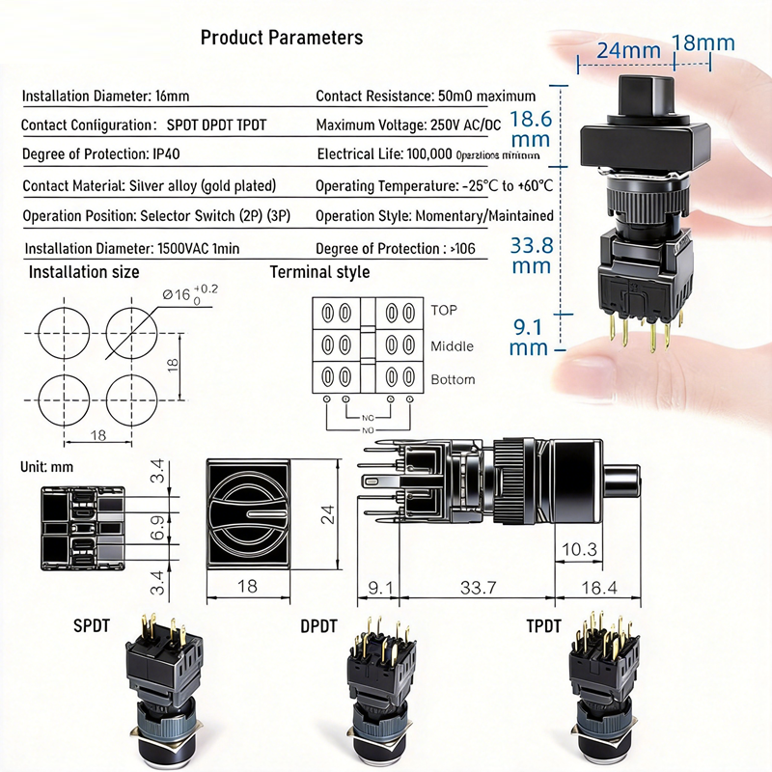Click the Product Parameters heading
281,38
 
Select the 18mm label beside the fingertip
703,42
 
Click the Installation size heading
83,272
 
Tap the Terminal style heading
319,272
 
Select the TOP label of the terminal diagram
445,311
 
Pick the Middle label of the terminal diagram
452,345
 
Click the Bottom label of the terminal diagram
453,379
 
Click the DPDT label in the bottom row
318,625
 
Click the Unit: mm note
46,466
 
